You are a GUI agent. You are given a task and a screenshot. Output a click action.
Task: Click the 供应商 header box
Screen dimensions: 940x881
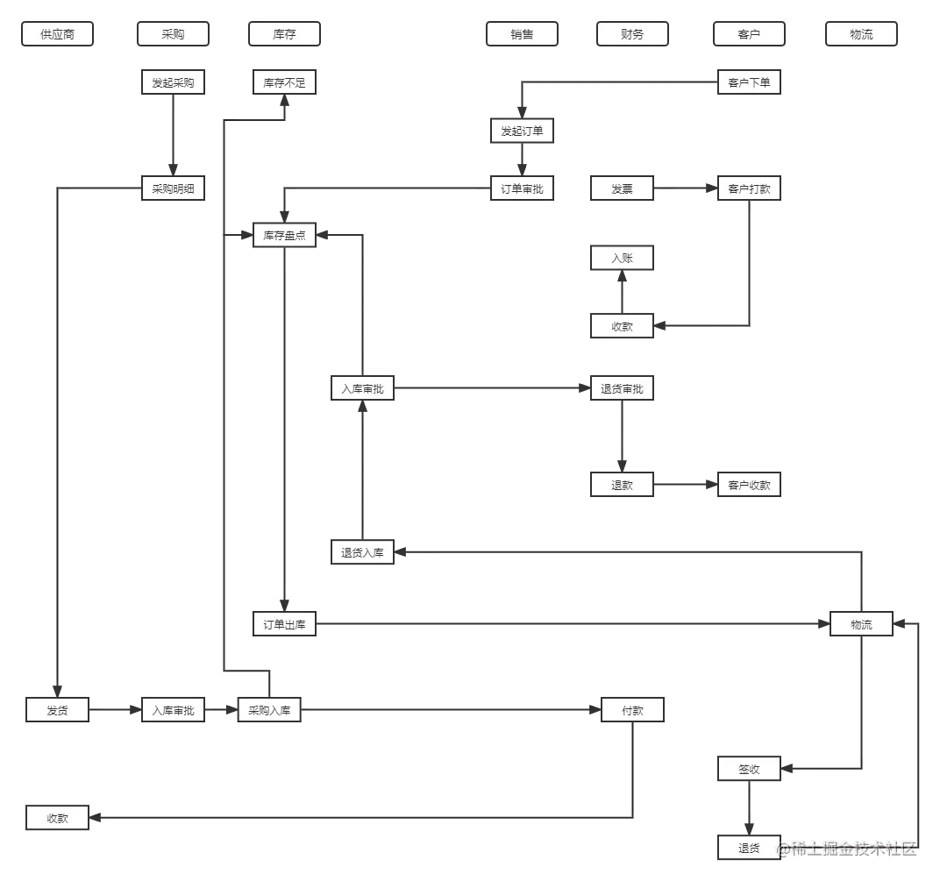pyautogui.click(x=58, y=35)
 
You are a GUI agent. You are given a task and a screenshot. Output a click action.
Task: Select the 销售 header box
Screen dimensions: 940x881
pyautogui.click(x=522, y=35)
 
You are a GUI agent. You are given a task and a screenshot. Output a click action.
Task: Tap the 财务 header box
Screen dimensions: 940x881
pyautogui.click(x=632, y=35)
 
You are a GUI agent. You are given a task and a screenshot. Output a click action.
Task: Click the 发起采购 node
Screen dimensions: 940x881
pyautogui.click(x=173, y=83)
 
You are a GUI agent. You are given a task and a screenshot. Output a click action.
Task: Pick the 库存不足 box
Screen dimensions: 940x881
pyautogui.click(x=284, y=83)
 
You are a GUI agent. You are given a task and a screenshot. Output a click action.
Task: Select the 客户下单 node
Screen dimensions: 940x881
pyautogui.click(x=749, y=83)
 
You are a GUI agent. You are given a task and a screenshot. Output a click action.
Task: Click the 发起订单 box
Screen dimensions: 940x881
pyautogui.click(x=522, y=131)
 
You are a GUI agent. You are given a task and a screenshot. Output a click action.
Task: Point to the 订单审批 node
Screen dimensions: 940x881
pyautogui.click(x=522, y=188)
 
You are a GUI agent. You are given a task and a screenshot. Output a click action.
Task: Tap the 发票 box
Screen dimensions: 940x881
pyautogui.click(x=622, y=188)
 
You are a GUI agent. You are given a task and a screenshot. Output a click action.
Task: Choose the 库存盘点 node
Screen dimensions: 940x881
pyautogui.click(x=284, y=236)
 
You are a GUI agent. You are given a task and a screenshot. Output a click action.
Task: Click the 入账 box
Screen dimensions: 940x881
pyautogui.click(x=622, y=259)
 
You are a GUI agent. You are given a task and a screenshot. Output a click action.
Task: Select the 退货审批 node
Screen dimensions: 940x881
pyautogui.click(x=622, y=389)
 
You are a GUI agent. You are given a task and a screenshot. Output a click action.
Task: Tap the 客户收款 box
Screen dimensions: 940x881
pyautogui.click(x=749, y=485)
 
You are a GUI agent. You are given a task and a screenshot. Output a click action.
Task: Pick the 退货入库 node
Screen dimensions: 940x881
pyautogui.click(x=362, y=553)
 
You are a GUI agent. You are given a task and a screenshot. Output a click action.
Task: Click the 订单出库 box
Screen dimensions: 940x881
pyautogui.click(x=284, y=625)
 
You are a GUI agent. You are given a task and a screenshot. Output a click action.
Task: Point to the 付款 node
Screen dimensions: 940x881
pyautogui.click(x=632, y=710)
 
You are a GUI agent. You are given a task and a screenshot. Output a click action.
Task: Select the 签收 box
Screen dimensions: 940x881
pyautogui.click(x=749, y=770)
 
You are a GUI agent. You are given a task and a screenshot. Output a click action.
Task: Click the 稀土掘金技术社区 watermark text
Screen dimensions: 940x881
pyautogui.click(x=848, y=847)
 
